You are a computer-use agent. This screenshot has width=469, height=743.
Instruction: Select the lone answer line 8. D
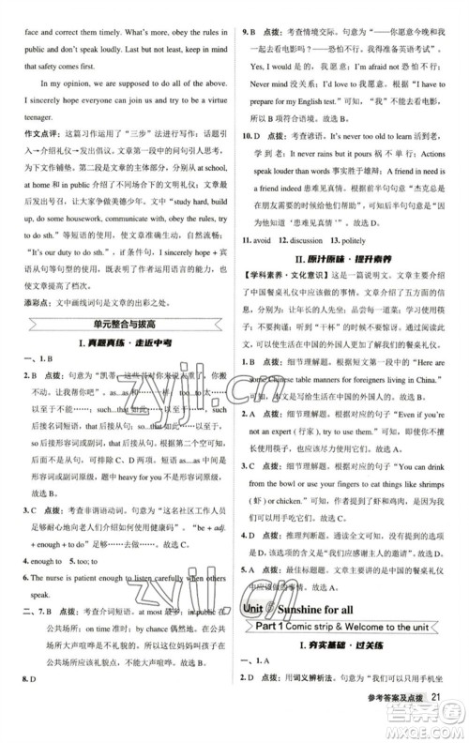29,701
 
